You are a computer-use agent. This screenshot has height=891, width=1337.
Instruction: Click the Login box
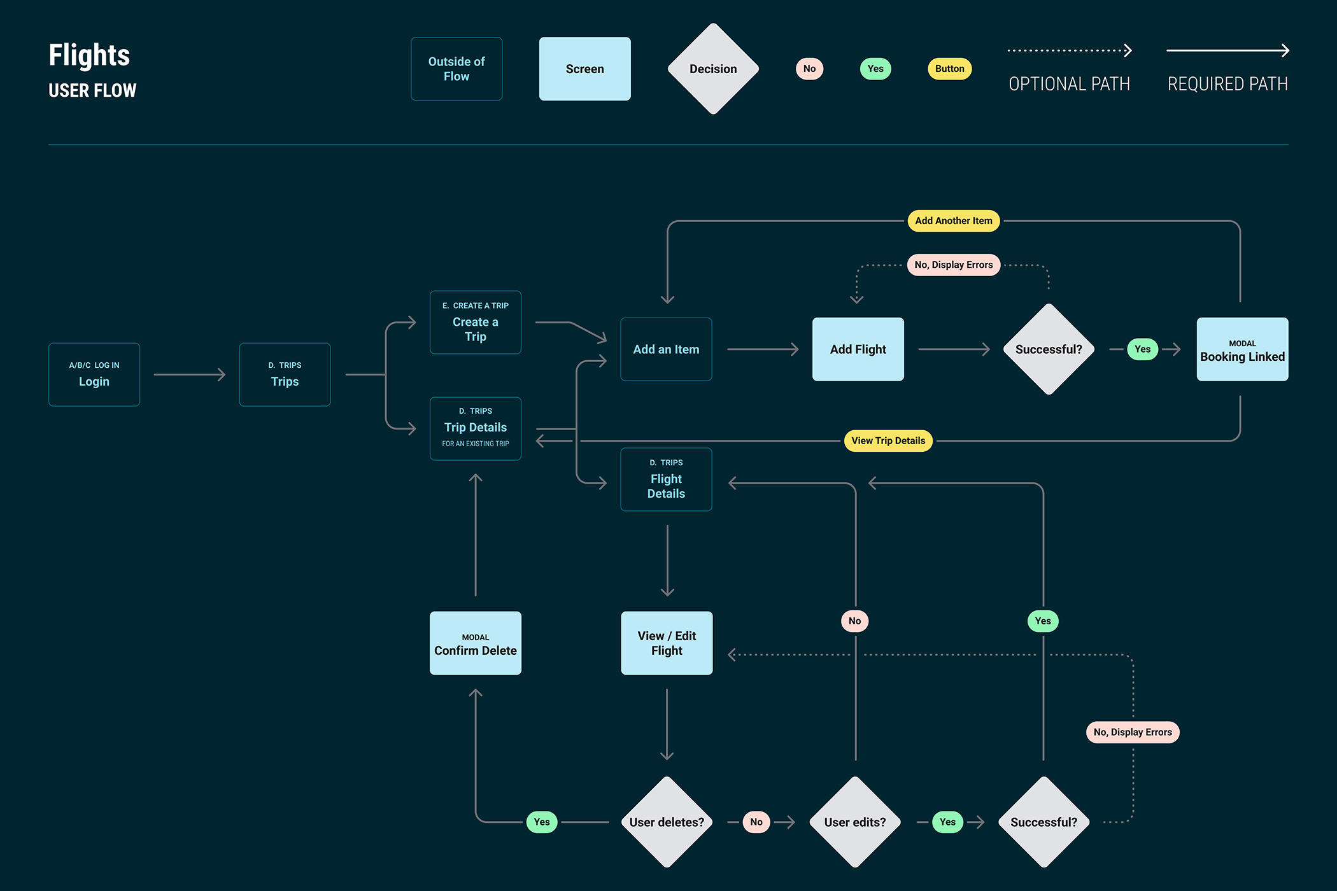pos(94,374)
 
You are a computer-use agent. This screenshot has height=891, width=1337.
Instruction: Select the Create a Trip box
pos(476,323)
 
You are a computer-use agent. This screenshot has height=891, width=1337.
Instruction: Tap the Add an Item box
pos(666,349)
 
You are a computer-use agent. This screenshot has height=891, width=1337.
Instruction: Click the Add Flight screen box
pos(858,349)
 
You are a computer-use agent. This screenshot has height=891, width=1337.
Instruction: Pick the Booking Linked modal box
pos(1242,349)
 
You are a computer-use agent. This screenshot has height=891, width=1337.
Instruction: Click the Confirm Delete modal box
pos(476,643)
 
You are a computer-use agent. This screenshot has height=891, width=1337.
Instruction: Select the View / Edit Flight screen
pos(667,643)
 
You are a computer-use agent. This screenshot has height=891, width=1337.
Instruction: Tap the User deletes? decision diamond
pos(667,822)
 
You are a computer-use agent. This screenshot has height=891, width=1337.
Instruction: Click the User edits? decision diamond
pos(855,822)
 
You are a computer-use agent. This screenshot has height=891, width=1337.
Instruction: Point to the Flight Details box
pos(666,479)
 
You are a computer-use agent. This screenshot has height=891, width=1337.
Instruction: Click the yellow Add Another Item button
pos(953,221)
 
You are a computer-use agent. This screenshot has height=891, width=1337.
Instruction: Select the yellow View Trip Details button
pos(888,440)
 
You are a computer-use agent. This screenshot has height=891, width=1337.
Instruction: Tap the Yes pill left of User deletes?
pos(542,822)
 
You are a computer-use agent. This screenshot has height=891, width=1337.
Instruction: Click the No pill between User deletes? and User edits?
pos(756,822)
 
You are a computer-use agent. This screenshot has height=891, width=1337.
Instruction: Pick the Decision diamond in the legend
pos(713,69)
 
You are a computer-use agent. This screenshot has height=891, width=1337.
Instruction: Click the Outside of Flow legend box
pos(456,69)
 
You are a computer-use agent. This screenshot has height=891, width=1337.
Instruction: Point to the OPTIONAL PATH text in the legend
pos(1069,84)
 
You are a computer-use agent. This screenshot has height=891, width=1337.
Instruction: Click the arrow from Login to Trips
pos(190,374)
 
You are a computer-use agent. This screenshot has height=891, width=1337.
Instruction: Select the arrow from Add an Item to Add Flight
pos(762,349)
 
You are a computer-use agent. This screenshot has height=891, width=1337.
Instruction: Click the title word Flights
pos(89,55)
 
